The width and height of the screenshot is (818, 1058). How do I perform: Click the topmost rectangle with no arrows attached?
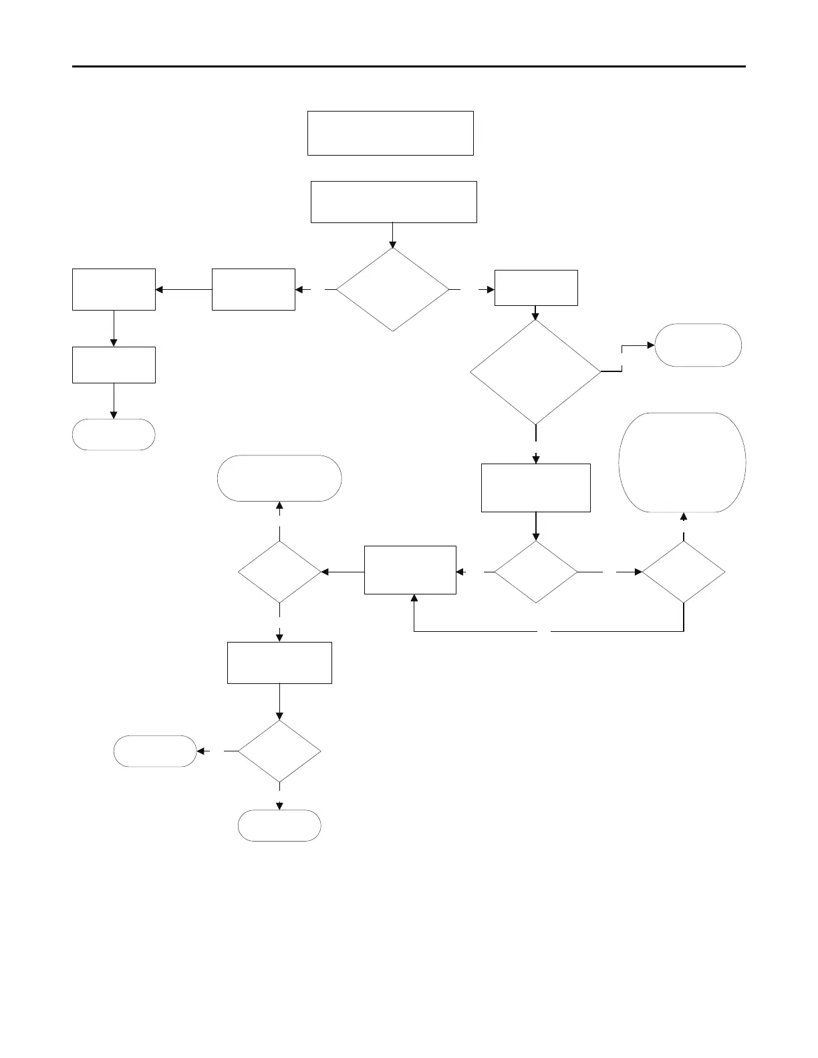tap(390, 134)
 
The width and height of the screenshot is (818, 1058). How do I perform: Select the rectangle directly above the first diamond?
tap(394, 202)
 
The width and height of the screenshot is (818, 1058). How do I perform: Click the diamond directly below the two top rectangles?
tap(392, 290)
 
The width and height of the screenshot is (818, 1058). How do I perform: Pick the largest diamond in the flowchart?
tap(535, 372)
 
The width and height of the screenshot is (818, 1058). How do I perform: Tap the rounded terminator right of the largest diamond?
tap(698, 345)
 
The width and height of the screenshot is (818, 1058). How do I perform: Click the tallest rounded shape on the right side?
tap(682, 462)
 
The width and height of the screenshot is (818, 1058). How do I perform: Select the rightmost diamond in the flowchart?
tap(684, 572)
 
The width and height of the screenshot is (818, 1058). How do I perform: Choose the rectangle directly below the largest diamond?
tap(536, 488)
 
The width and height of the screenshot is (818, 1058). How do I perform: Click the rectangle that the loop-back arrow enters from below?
tap(410, 570)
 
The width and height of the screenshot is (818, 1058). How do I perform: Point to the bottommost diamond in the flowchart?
tap(279, 751)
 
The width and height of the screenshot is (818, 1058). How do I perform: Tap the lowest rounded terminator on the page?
tap(279, 826)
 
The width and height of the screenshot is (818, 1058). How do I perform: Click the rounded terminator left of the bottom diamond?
tap(155, 751)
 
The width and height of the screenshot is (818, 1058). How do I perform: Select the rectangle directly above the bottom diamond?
tap(279, 663)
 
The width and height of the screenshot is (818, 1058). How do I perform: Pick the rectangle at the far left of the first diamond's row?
tap(114, 289)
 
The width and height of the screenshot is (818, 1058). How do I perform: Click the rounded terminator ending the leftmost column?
tap(114, 435)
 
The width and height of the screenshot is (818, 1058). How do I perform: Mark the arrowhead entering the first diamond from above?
tap(392, 244)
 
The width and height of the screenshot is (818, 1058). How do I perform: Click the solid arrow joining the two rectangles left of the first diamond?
tap(184, 290)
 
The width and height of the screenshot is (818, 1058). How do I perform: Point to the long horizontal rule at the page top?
tap(408, 67)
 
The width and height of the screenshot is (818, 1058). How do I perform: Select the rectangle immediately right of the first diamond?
tap(536, 288)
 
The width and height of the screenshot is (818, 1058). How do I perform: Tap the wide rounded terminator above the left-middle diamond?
tap(279, 478)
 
